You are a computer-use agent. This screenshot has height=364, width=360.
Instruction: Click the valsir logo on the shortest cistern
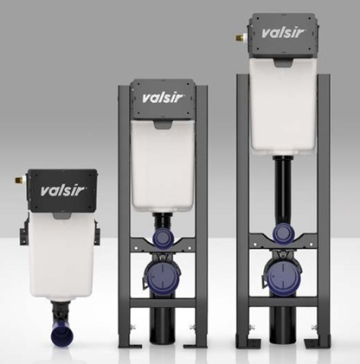coord(62,191)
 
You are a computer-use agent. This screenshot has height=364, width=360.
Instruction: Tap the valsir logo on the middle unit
coord(163,98)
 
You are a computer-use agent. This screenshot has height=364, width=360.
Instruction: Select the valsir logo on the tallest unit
coord(283,33)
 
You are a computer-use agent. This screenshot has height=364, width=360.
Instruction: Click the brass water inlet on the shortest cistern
coord(20,181)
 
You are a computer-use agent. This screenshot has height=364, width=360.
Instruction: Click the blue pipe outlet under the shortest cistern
coord(62,335)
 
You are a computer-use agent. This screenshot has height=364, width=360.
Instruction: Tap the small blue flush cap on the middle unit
coord(163,238)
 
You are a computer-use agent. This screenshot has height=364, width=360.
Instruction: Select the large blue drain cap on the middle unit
coord(163,276)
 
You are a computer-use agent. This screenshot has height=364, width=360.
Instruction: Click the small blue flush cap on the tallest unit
coord(283,233)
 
